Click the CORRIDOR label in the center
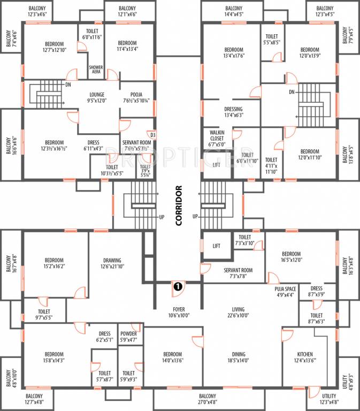click(x=179, y=206)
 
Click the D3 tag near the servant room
click(x=152, y=135)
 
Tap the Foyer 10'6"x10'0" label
click(x=175, y=312)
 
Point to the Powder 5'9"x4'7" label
click(x=128, y=336)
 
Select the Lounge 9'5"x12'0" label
click(x=97, y=96)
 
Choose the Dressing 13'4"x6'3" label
click(x=233, y=111)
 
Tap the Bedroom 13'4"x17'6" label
click(x=233, y=52)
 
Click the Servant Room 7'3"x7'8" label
click(x=238, y=273)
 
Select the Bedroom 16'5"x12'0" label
click(x=291, y=257)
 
